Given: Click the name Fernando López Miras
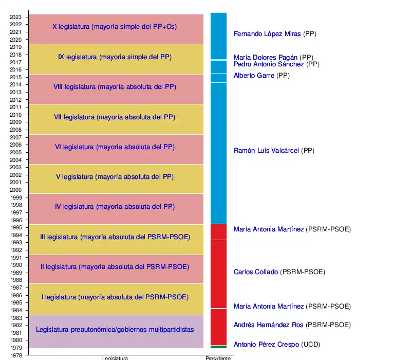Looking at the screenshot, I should pyautogui.click(x=267, y=34).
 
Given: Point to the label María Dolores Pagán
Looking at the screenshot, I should pyautogui.click(x=266, y=58).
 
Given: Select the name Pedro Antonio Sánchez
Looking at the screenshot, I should pyautogui.click(x=269, y=64).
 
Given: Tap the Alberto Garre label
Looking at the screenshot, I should pyautogui.click(x=254, y=76).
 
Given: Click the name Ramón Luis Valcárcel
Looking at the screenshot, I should pyautogui.click(x=266, y=151).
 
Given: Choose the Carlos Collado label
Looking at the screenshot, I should pyautogui.click(x=256, y=272).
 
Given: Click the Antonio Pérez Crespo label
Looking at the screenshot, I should pyautogui.click(x=266, y=345).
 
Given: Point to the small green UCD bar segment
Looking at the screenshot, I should pyautogui.click(x=218, y=347).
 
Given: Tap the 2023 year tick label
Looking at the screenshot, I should pyautogui.click(x=16, y=17).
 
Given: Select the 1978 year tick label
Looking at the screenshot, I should pyautogui.click(x=16, y=355).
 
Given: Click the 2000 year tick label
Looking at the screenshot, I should pyautogui.click(x=16, y=190).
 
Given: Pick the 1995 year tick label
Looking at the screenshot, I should pyautogui.click(x=16, y=227).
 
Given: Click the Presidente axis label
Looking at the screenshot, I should pyautogui.click(x=218, y=358).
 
